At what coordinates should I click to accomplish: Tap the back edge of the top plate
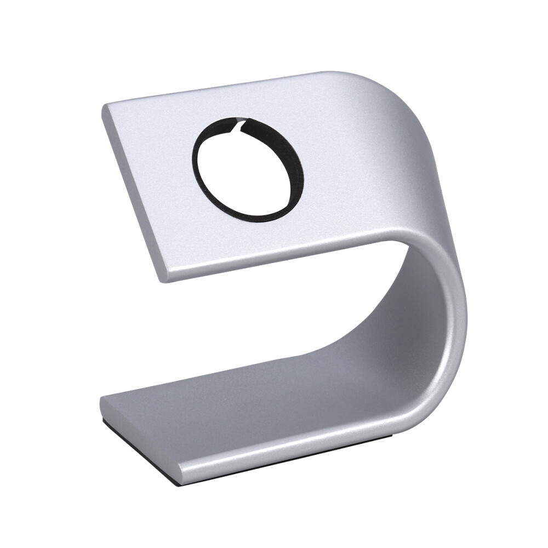click(219, 88)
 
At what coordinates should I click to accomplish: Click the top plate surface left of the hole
click(153, 164)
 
